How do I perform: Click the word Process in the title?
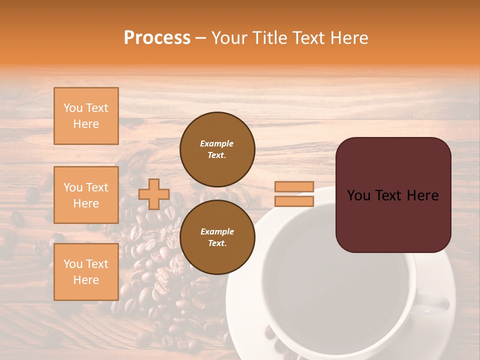pos(157,38)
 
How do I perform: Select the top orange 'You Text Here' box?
pos(86,116)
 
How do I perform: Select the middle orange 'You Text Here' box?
pos(86,195)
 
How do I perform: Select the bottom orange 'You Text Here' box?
pos(86,271)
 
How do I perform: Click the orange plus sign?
pos(154,194)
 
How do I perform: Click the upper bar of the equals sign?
pos(294,187)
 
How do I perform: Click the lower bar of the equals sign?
pos(294,201)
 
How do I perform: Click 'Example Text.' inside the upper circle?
pos(217,149)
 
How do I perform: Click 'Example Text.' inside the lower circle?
pos(217,237)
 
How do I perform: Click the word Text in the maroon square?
pos(393,195)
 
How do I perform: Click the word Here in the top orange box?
pos(86,124)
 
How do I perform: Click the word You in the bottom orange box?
pos(72,264)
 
